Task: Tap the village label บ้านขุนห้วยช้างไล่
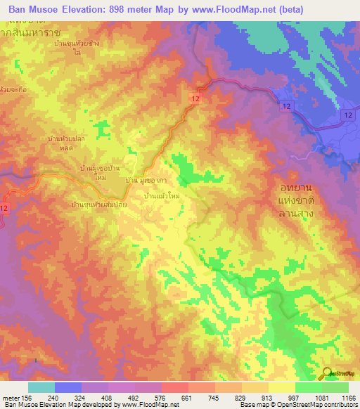pyautogui.click(x=78, y=51)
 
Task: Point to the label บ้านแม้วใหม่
pyautogui.click(x=161, y=196)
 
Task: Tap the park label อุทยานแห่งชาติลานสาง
pyautogui.click(x=295, y=202)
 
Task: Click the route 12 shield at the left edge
pyautogui.click(x=5, y=208)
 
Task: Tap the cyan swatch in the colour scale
pyautogui.click(x=41, y=387)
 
